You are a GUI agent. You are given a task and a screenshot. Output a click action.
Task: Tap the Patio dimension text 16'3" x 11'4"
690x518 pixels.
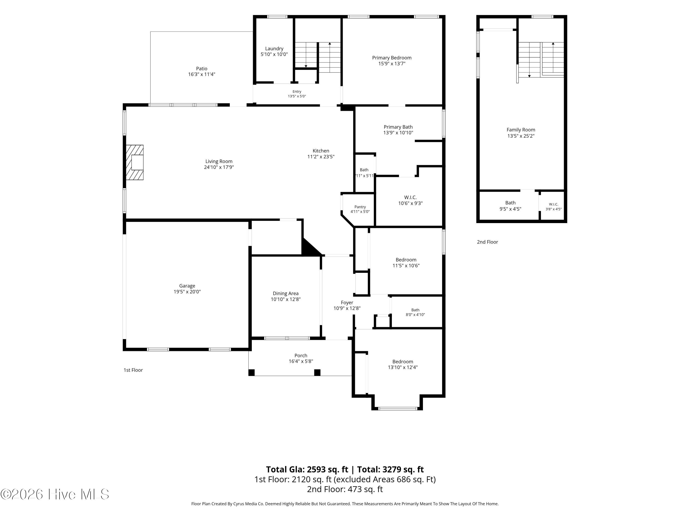pos(201,74)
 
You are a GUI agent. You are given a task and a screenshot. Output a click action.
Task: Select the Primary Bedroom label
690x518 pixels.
pos(392,58)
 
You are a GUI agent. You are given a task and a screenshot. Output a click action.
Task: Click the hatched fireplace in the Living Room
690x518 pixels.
pos(135,162)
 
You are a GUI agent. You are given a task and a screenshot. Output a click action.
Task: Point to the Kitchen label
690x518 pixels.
pos(321,151)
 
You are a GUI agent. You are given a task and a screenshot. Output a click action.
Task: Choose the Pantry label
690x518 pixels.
pos(360,207)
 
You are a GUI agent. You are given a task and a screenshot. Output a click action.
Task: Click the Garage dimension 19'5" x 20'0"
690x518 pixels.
pos(187,292)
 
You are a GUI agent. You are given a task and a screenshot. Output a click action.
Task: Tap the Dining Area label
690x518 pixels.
pos(286,294)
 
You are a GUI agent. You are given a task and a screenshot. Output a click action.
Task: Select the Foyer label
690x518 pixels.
pos(347,303)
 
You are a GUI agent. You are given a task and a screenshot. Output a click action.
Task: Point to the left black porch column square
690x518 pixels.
pos(251,372)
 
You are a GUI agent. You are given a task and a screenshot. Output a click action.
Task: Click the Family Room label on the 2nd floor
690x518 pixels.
pos(521,130)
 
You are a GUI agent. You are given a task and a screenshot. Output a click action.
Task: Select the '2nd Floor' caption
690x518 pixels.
pos(488,242)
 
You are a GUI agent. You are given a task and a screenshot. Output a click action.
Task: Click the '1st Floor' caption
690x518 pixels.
pos(133,370)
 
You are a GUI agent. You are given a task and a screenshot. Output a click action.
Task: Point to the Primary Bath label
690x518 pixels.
pos(398,127)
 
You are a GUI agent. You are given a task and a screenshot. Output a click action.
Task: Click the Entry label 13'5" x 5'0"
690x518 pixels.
pos(297,94)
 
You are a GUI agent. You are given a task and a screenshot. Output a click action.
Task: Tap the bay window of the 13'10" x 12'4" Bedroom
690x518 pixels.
pos(398,408)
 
